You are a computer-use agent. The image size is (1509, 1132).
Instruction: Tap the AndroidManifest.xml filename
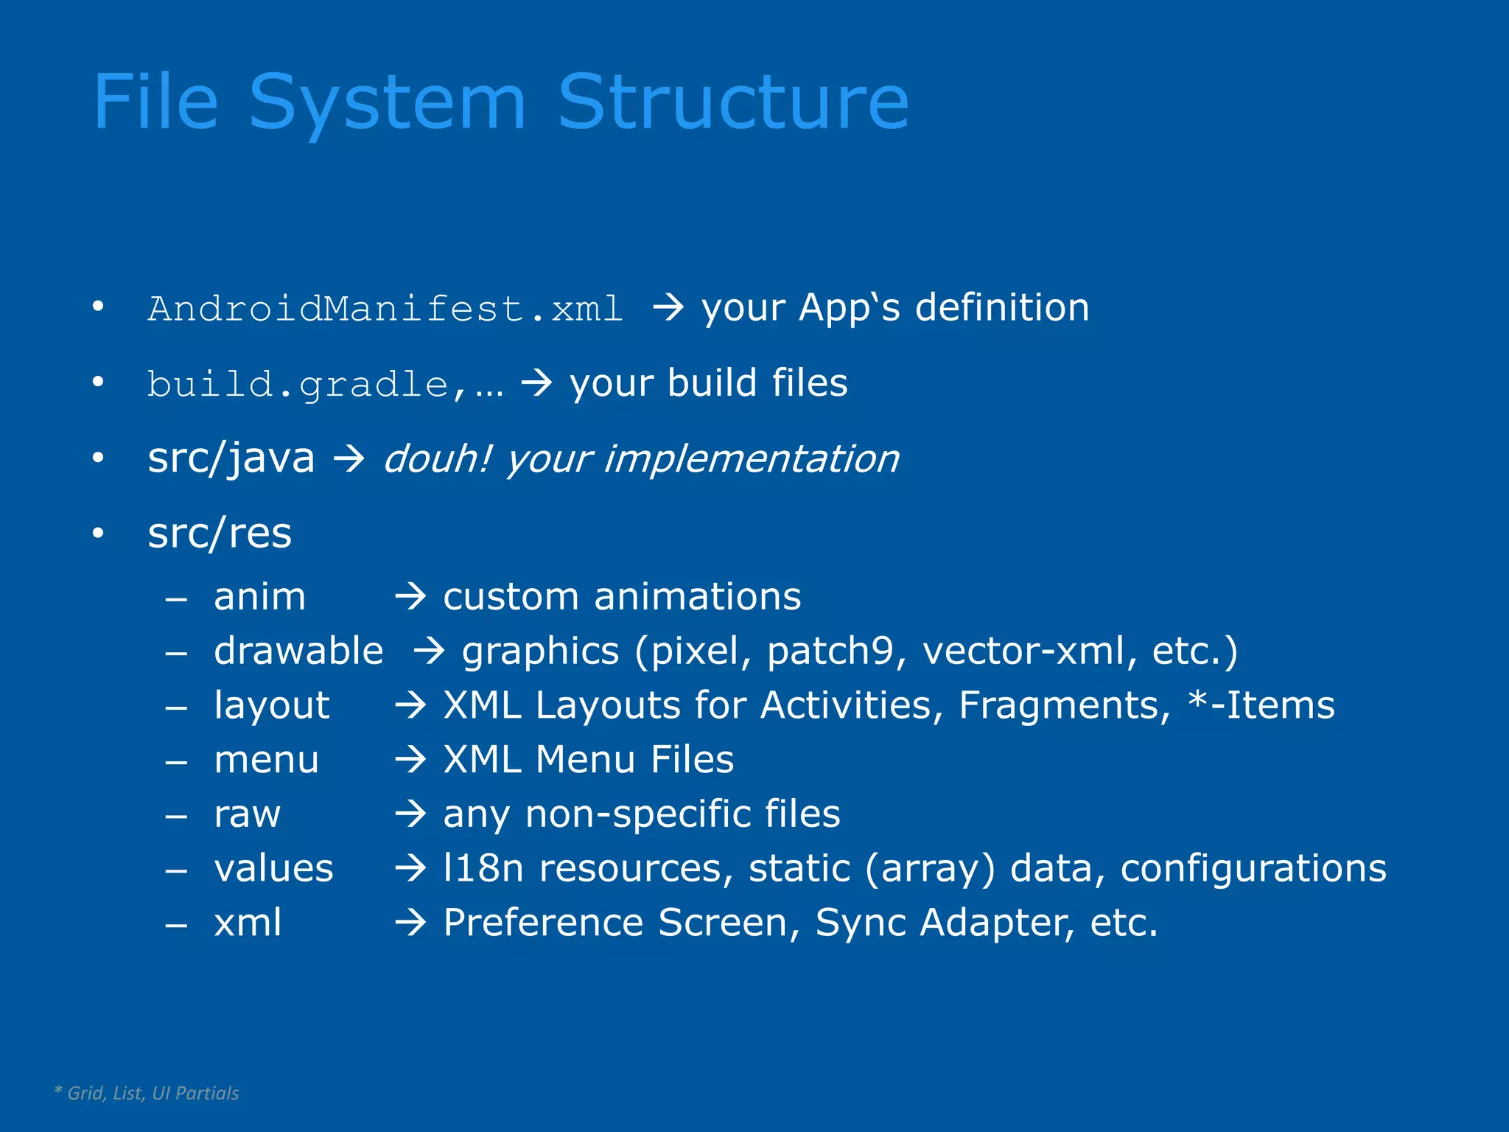click(385, 308)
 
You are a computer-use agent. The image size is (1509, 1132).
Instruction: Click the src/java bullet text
click(231, 458)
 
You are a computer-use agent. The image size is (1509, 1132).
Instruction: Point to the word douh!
click(437, 458)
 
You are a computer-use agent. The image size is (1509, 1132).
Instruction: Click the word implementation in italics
click(751, 458)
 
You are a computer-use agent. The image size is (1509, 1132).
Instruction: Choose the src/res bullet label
click(220, 533)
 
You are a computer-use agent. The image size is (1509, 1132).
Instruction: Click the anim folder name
click(259, 596)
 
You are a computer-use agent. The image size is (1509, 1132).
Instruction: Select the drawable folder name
click(298, 651)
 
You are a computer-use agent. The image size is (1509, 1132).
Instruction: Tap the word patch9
click(830, 651)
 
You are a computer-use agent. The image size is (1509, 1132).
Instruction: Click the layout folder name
click(271, 705)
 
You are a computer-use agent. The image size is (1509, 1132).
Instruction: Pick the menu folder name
click(266, 760)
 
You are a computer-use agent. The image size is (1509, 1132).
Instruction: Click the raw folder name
click(247, 814)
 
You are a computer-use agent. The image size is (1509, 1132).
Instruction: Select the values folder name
click(273, 868)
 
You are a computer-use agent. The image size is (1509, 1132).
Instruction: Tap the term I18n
click(483, 868)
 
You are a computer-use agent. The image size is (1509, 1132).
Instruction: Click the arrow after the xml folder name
click(410, 923)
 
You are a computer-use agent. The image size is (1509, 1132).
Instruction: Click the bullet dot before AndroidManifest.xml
click(98, 307)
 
